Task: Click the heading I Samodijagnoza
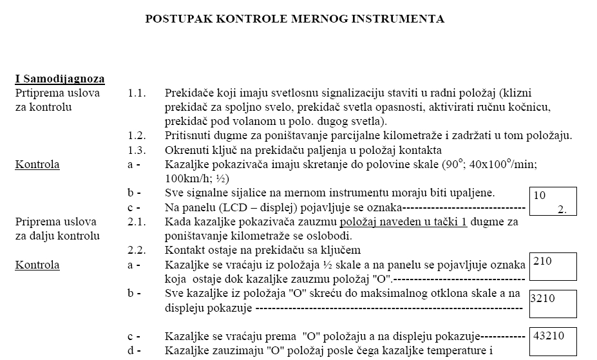click(60, 79)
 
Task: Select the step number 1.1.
click(137, 93)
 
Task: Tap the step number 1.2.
click(137, 136)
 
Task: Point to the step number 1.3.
click(137, 150)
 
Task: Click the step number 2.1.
click(137, 222)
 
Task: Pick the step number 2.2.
click(137, 250)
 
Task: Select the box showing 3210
click(552, 304)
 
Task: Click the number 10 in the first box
click(540, 195)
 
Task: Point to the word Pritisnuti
click(186, 136)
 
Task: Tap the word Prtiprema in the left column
click(39, 93)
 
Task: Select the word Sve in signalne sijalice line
click(174, 193)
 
